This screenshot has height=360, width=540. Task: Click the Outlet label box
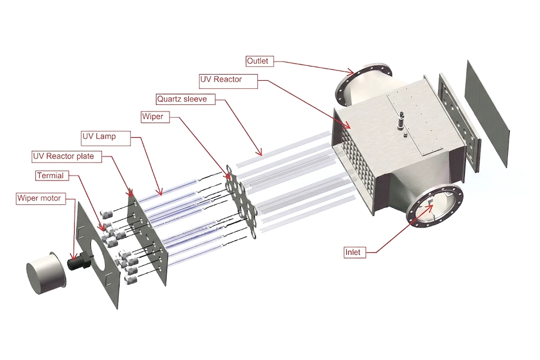(260, 61)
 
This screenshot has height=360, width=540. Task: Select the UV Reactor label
(221, 80)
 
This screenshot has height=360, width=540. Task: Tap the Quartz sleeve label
(182, 99)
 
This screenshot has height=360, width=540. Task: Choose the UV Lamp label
(99, 136)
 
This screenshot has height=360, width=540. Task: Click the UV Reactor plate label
(66, 157)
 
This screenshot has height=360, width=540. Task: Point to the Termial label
(50, 175)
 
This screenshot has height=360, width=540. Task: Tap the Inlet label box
(352, 252)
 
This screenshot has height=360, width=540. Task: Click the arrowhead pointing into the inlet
(431, 206)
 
